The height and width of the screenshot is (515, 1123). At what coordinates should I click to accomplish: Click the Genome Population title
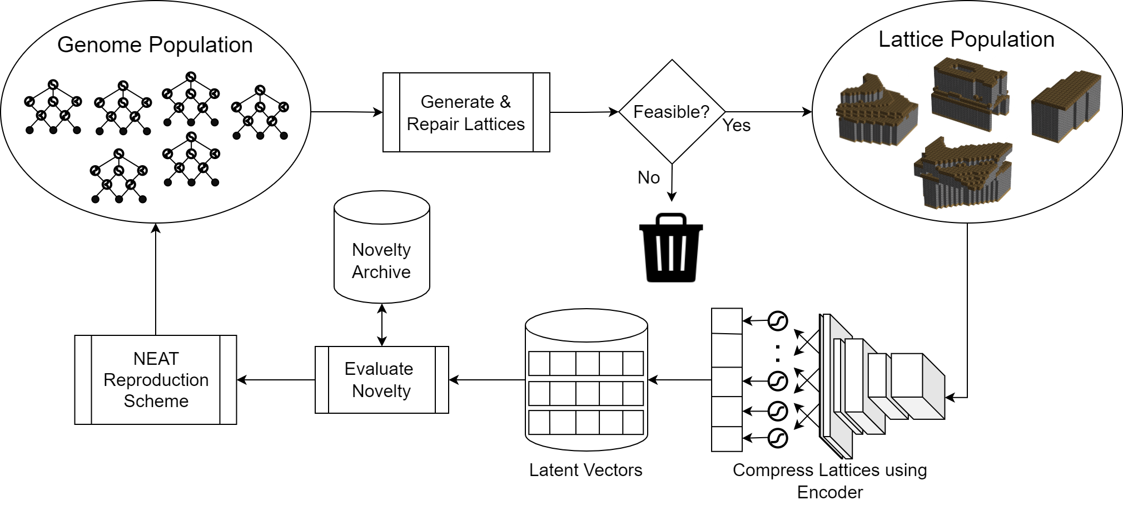coord(155,45)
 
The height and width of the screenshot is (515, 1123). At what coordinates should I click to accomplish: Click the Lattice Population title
coord(966,39)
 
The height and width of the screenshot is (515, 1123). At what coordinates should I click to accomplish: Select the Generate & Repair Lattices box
coord(466,112)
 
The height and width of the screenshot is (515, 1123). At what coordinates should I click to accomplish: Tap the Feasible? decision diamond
coord(672,112)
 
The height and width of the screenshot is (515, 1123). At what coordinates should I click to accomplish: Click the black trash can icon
coord(671,248)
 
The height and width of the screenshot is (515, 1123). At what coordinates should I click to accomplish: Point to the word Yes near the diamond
coord(737,126)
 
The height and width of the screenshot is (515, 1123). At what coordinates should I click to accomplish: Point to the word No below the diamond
coord(648,177)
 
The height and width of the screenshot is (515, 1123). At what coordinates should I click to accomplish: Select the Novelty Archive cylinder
coord(381,247)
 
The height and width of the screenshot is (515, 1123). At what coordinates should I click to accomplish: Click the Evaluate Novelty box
coord(381,380)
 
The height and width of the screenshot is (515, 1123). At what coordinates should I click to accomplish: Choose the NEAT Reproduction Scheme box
coord(156,380)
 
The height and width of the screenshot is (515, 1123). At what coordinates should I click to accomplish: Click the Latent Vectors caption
coord(585,470)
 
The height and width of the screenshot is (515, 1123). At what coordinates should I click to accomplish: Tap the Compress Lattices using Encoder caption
coord(829,481)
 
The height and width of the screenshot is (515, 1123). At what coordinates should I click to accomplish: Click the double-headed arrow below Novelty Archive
coord(382,325)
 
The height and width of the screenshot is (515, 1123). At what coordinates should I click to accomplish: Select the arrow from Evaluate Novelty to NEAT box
coord(276,380)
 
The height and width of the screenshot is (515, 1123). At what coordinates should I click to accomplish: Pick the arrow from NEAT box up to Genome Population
coord(156,278)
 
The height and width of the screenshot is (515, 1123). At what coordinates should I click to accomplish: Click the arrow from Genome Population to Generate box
coord(346,112)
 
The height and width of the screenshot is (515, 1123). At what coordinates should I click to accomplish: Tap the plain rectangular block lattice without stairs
coord(1065,107)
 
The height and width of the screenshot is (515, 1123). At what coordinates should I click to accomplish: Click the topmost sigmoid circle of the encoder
coord(778,321)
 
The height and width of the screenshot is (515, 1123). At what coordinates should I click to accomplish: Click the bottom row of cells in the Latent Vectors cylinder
coord(586,423)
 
